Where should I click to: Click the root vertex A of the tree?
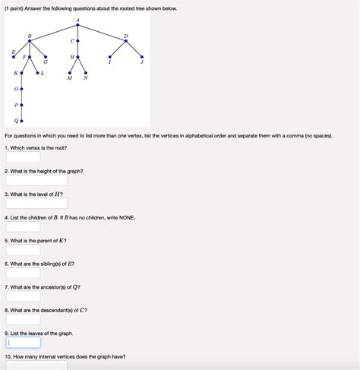[78, 24]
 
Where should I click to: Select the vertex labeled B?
[30, 41]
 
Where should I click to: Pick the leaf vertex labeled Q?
[22, 121]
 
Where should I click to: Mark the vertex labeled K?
[22, 73]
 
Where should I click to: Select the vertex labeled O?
[22, 89]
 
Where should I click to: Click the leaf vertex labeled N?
[86, 73]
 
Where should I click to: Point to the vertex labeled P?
[22, 105]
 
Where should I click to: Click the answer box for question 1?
[24, 158]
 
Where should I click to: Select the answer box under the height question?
[36, 181]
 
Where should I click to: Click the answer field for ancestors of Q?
[24, 296]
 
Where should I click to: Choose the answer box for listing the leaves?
[24, 343]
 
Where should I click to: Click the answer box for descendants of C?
[24, 319]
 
